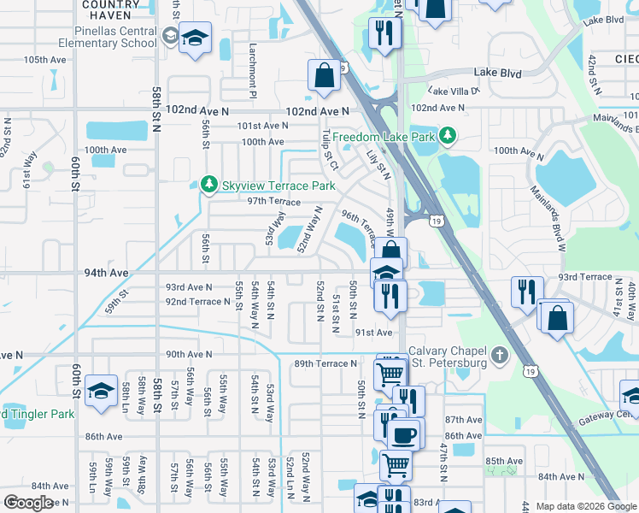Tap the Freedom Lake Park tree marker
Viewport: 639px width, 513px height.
tap(447, 136)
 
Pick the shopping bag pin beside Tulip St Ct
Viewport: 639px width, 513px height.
tap(325, 75)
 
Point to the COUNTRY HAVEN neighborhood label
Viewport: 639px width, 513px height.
tap(111, 9)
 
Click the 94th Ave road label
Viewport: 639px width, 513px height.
tap(106, 273)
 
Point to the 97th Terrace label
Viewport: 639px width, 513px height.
tap(273, 202)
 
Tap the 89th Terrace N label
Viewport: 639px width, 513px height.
tap(325, 363)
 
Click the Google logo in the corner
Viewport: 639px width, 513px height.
tap(28, 503)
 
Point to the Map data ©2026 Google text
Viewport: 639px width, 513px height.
tap(586, 506)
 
